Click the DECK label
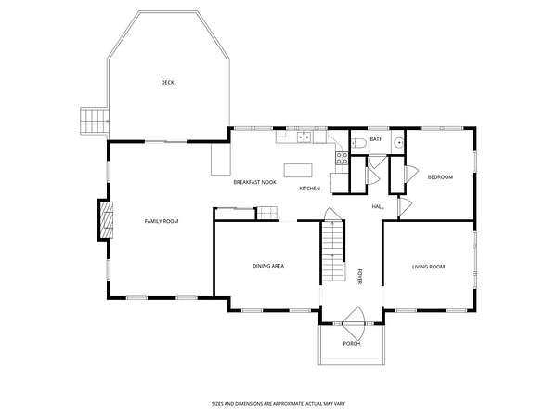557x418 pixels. tap(168, 83)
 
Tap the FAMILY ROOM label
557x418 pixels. tap(162, 221)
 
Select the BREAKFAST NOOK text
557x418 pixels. tap(254, 182)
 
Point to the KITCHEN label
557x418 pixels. tap(310, 189)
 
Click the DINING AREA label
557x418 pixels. tap(268, 266)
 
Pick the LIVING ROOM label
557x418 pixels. tap(428, 267)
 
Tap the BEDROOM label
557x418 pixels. tap(440, 177)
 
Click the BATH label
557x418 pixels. tap(376, 139)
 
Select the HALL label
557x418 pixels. tap(378, 206)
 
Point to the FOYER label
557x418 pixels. tap(359, 277)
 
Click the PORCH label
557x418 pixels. tap(352, 344)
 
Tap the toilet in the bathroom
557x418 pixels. tap(358, 143)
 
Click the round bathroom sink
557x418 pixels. tap(399, 143)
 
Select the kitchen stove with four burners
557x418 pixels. tap(342, 158)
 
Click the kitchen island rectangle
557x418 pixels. tap(298, 170)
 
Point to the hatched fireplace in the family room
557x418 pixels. tap(106, 220)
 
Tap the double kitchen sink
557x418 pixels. tap(304, 137)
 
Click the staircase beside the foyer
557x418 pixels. tap(333, 251)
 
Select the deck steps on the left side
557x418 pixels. tap(94, 121)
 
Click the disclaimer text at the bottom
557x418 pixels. tap(278, 404)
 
